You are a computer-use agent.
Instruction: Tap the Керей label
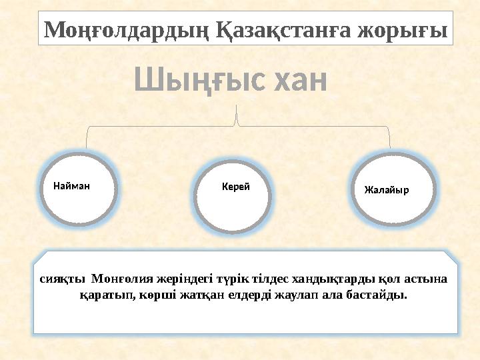click(235, 187)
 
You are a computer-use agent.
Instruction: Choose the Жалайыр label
click(387, 190)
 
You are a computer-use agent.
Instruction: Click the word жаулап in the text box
click(299, 294)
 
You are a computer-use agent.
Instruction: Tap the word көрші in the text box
click(154, 294)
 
